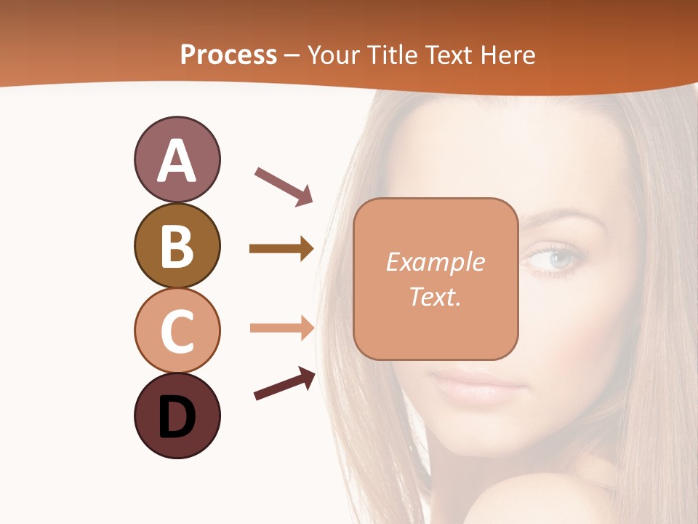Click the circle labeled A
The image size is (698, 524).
pyautogui.click(x=177, y=159)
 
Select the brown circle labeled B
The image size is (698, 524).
pyautogui.click(x=177, y=245)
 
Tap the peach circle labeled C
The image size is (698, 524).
pyautogui.click(x=177, y=330)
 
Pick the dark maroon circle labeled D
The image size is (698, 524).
pyautogui.click(x=177, y=416)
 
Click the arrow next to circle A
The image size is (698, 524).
pyautogui.click(x=284, y=186)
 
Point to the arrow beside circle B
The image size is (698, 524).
pyautogui.click(x=281, y=249)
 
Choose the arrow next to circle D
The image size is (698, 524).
pyautogui.click(x=284, y=384)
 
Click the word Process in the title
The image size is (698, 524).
pyautogui.click(x=228, y=55)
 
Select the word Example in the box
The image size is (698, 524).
pyautogui.click(x=435, y=262)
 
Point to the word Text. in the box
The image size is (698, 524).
pyautogui.click(x=435, y=296)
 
